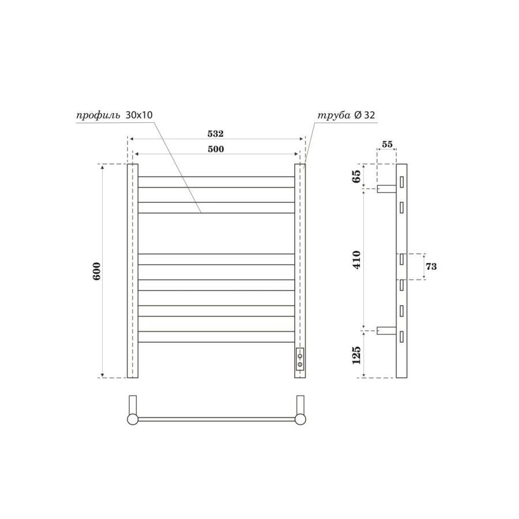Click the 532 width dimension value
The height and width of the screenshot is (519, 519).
coord(216,133)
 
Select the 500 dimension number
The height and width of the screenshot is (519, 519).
coord(216,149)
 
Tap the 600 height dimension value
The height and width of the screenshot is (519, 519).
coord(96,271)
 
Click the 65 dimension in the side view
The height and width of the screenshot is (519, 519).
coord(356,175)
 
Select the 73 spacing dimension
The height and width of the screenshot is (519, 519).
coord(430,266)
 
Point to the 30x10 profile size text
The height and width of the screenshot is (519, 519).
coord(139,115)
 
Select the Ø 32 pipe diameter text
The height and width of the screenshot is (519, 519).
coord(365,115)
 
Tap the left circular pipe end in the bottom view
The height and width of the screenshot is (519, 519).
coord(133,419)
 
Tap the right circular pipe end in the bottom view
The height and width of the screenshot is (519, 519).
coord(300,419)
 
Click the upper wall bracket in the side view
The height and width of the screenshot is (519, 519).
coord(386,188)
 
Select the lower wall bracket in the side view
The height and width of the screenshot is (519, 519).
coord(386,330)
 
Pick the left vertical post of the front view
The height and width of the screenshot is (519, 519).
coord(133,271)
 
